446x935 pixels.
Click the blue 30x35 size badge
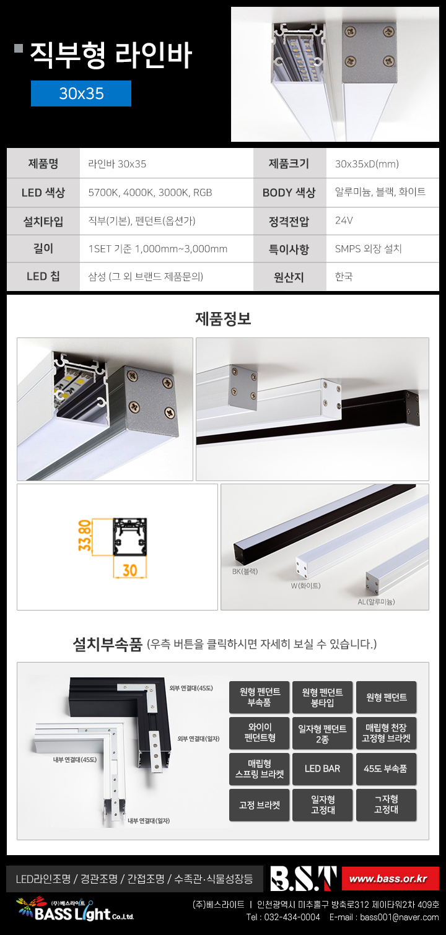point(81,94)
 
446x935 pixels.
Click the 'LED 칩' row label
point(43,276)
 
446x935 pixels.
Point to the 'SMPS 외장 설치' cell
point(368,249)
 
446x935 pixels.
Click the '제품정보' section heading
point(223,318)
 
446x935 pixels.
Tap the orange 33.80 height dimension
point(85,535)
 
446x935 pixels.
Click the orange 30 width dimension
point(130,570)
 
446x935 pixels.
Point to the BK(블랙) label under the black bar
point(245,572)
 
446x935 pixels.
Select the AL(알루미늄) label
point(376,602)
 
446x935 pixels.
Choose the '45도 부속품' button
point(386,769)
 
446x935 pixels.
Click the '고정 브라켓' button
point(260,805)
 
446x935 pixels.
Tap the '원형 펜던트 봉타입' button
point(322,697)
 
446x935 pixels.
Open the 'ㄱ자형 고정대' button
point(386,805)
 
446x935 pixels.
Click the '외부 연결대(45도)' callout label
point(191,689)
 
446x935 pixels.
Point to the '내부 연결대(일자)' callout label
point(149,821)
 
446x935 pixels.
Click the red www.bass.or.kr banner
point(390,879)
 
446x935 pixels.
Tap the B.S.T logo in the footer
point(304,878)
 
